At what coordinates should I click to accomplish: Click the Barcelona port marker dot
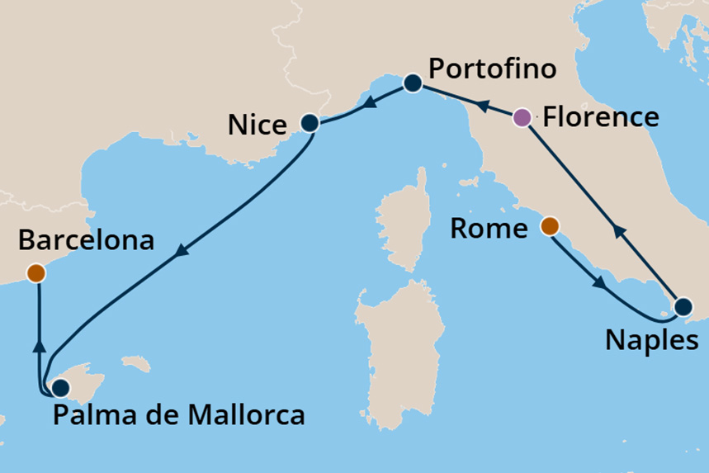coord(35,272)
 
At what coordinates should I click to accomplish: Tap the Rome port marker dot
coord(549,225)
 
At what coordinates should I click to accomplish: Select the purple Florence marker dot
coord(522,117)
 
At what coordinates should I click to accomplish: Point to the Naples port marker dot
coord(683,307)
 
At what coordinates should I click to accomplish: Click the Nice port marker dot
coord(310,124)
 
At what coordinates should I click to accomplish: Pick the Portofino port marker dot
coord(413,83)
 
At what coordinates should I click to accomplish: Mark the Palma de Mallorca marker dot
coord(59,387)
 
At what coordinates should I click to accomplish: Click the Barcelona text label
coord(87,241)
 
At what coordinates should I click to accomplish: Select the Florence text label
coord(600,116)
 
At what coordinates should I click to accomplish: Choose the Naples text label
coord(652,339)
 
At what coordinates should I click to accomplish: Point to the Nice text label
coord(257,126)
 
